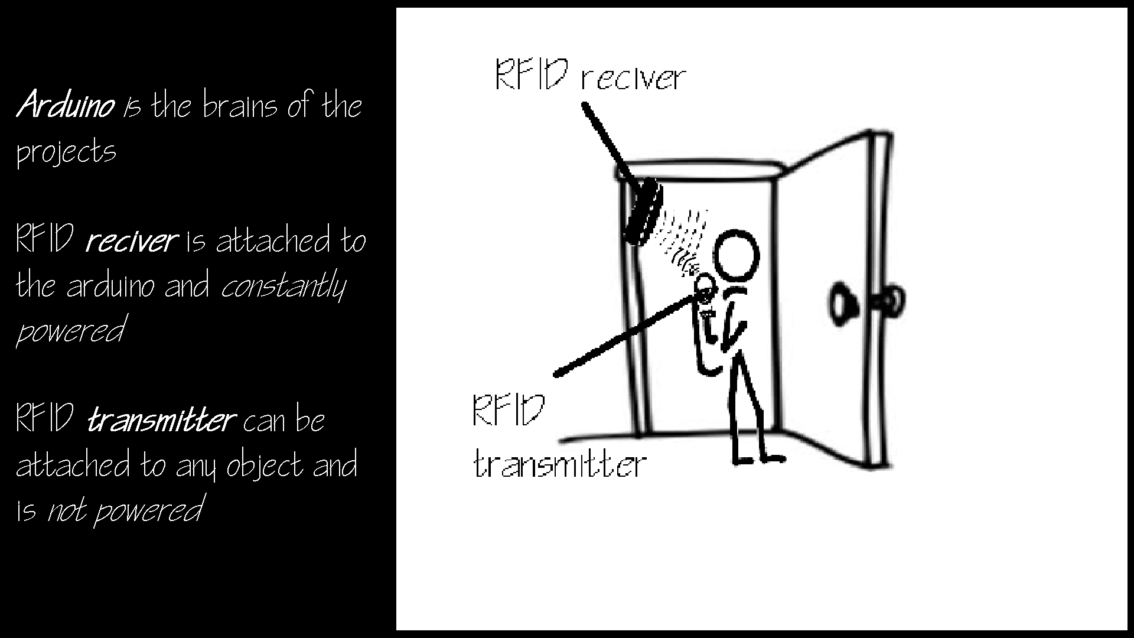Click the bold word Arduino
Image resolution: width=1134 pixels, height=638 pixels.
[x=65, y=106]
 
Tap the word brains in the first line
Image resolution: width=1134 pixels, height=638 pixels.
[x=240, y=106]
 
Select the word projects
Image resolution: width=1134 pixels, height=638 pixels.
[x=66, y=152]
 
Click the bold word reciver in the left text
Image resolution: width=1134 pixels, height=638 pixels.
[x=131, y=241]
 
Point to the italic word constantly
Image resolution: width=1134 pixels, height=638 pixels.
[x=283, y=287]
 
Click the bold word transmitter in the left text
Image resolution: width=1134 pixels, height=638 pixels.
[x=161, y=421]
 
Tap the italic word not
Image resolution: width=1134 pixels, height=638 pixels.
[x=66, y=510]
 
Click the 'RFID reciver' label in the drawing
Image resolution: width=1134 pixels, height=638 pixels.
[x=589, y=75]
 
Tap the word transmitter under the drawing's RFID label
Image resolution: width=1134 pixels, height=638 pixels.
[x=560, y=464]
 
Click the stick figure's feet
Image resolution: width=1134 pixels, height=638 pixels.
[x=759, y=457]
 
